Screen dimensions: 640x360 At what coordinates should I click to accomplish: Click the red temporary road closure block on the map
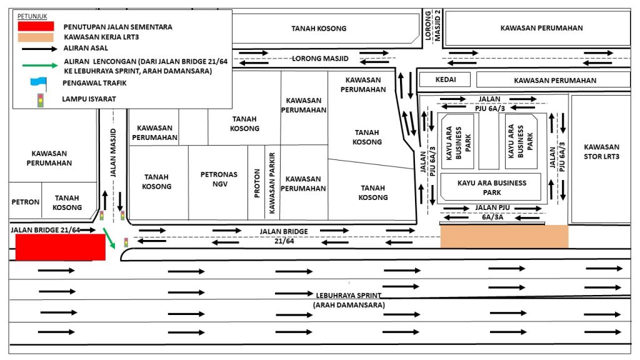[61, 247]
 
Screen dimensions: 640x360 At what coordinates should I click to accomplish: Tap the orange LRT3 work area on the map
[504, 236]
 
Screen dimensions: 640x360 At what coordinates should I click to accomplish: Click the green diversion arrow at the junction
[109, 238]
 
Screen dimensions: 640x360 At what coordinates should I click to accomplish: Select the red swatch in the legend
[36, 26]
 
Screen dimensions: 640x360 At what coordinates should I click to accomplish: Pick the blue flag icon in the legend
[39, 83]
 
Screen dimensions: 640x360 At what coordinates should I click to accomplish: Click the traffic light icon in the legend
[41, 100]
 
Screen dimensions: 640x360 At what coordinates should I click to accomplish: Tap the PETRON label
[25, 202]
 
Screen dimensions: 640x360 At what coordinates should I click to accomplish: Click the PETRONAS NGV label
[219, 179]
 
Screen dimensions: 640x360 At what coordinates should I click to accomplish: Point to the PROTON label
[257, 183]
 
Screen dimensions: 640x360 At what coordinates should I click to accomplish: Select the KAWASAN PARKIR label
[272, 183]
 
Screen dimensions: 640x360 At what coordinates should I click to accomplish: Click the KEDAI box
[445, 79]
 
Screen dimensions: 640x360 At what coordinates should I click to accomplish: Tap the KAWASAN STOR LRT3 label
[601, 151]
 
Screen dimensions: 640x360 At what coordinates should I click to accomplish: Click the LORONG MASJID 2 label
[432, 25]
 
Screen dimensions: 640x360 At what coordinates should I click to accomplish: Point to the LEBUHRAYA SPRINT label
[349, 295]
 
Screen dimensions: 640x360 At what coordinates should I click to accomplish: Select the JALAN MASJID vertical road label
[113, 152]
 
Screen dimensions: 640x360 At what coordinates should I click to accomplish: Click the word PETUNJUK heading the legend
[32, 16]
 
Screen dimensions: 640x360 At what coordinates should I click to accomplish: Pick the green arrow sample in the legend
[40, 65]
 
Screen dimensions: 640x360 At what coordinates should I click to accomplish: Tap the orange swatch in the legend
[36, 37]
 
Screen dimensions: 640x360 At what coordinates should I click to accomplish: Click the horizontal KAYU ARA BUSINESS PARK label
[492, 187]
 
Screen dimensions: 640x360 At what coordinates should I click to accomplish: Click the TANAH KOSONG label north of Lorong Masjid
[319, 29]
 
